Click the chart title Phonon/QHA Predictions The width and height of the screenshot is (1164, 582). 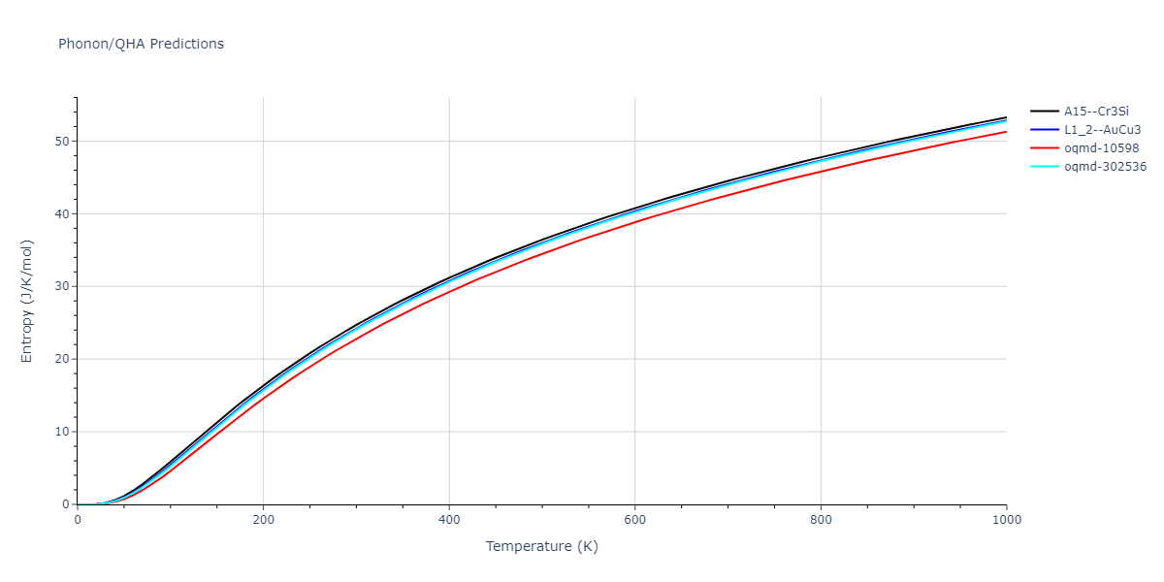[x=141, y=44]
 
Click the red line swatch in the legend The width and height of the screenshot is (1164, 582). [x=1044, y=148]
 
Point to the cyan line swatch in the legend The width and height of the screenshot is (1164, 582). [x=1044, y=167]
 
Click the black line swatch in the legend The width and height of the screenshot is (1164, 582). [x=1044, y=112]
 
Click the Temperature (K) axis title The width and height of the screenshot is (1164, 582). [x=542, y=547]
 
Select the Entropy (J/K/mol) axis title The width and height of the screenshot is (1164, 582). [x=27, y=301]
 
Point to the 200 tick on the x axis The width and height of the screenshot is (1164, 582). [x=263, y=519]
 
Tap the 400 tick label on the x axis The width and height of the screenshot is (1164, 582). [x=449, y=519]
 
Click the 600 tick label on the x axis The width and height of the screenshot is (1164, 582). [x=634, y=519]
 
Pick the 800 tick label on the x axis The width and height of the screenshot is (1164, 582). [x=821, y=519]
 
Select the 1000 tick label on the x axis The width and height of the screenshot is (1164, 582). [x=1006, y=519]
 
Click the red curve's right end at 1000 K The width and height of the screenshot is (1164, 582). [x=1006, y=132]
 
